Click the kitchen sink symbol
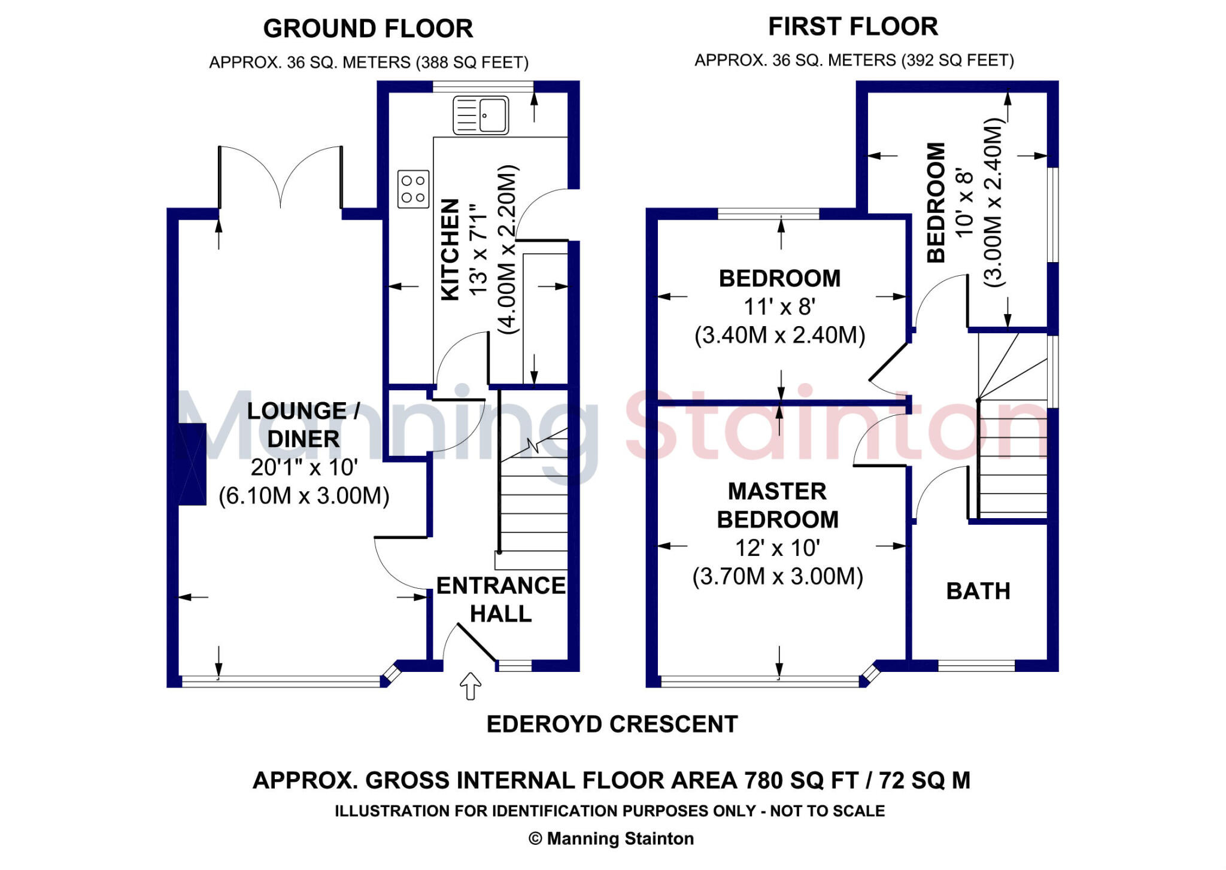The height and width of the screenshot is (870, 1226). (x=481, y=115)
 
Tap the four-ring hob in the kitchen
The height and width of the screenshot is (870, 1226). (x=413, y=188)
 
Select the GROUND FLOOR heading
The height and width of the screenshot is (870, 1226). (x=368, y=29)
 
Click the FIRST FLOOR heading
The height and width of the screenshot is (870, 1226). (x=853, y=26)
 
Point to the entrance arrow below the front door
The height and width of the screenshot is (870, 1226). (x=471, y=686)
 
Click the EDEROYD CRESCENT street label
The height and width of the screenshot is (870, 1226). (x=612, y=724)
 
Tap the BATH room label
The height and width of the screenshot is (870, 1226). (x=978, y=591)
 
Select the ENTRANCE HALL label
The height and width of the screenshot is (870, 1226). (x=501, y=600)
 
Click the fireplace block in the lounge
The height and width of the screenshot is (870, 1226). (x=192, y=464)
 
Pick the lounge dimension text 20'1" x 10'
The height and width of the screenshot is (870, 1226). (x=304, y=467)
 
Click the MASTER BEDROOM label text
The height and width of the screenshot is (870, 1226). (x=778, y=505)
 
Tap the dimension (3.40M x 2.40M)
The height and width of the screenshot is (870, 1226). (x=780, y=335)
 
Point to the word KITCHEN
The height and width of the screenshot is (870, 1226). (x=450, y=250)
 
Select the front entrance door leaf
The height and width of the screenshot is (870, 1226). (x=477, y=643)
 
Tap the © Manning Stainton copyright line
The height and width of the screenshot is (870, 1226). (x=611, y=839)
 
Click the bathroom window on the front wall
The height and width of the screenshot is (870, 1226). (x=976, y=665)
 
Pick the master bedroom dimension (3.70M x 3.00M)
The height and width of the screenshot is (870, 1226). (x=778, y=577)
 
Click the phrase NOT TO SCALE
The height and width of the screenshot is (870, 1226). (x=827, y=811)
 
